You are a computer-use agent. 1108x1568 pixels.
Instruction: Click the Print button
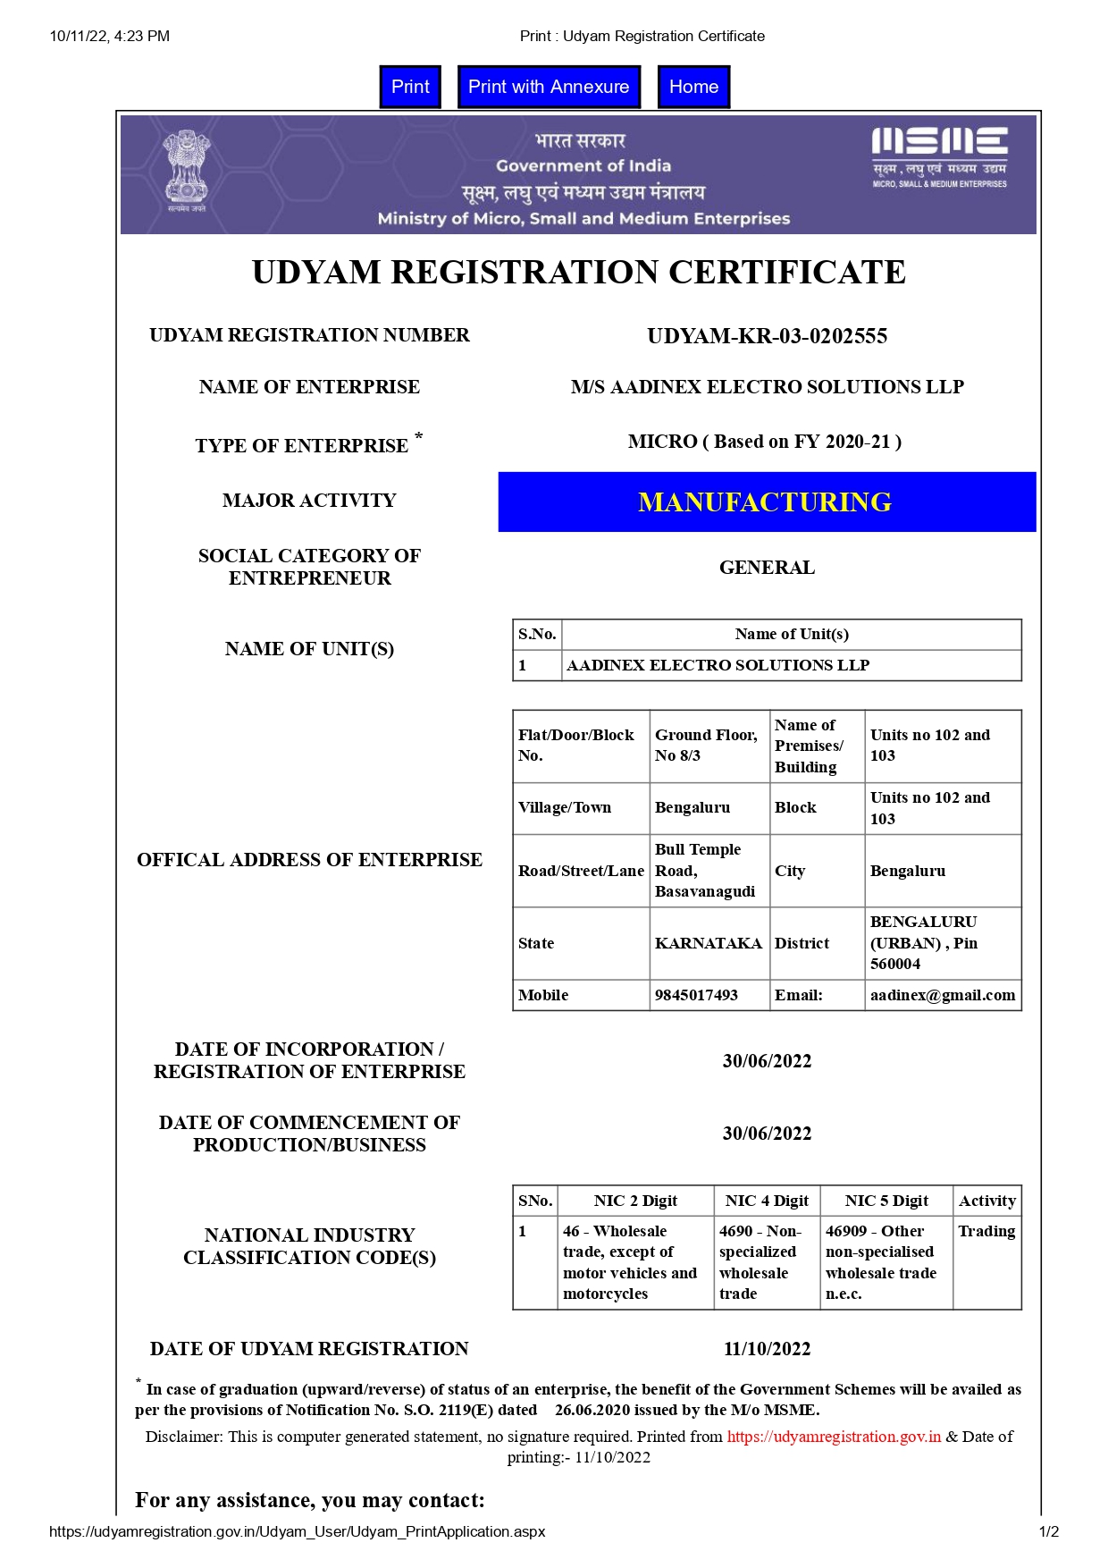tap(410, 87)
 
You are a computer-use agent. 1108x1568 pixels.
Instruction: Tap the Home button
tap(693, 87)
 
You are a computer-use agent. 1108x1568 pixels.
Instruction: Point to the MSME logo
tap(939, 156)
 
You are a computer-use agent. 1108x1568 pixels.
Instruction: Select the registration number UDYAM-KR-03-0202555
tap(767, 336)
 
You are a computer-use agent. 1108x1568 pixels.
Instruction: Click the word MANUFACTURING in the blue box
tap(765, 502)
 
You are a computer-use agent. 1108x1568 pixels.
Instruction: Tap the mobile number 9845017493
tap(696, 995)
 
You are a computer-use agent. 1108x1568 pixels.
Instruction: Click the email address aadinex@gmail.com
tap(943, 995)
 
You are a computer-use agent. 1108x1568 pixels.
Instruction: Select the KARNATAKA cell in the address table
tap(708, 943)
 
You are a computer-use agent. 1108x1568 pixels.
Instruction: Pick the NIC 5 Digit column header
tap(886, 1201)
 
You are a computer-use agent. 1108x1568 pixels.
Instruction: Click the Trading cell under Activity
tap(986, 1231)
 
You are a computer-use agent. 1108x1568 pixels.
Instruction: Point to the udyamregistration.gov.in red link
tap(834, 1437)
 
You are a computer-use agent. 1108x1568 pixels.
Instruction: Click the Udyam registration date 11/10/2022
tap(767, 1349)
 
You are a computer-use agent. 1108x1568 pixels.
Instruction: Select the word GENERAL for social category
tap(767, 568)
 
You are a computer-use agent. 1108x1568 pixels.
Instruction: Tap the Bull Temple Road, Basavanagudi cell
tap(705, 871)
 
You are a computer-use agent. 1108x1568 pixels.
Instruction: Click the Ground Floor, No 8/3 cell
tap(706, 746)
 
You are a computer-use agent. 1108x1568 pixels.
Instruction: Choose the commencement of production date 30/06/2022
tap(767, 1134)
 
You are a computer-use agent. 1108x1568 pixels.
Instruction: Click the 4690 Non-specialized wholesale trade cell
tap(765, 1262)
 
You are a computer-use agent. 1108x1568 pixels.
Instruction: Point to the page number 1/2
tap(1049, 1531)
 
